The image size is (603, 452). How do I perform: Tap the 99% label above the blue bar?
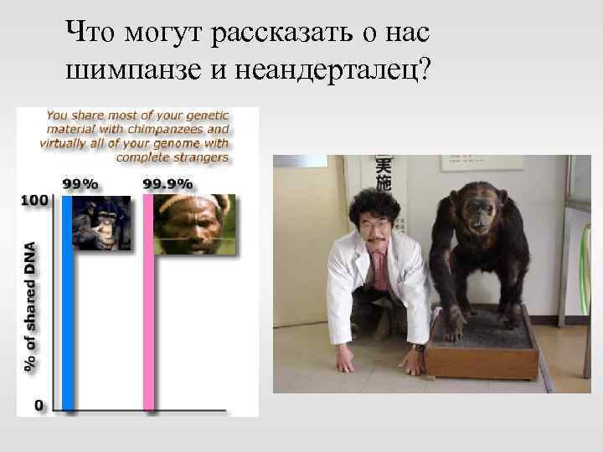point(79,184)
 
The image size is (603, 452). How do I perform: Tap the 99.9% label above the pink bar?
point(167,184)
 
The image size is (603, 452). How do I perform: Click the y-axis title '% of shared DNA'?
point(31,306)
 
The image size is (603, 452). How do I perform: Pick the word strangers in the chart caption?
point(201,157)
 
